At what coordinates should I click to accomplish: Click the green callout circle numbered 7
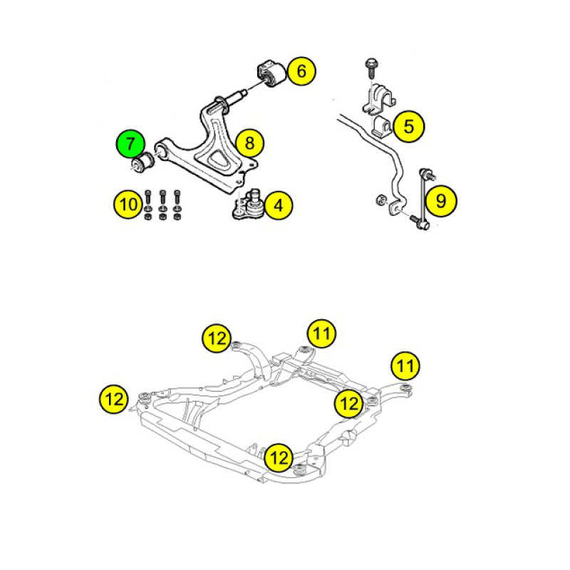click(x=130, y=144)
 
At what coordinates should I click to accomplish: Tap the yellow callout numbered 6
click(x=301, y=71)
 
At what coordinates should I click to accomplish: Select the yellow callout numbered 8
click(x=250, y=143)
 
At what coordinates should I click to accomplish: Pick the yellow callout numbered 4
click(x=279, y=205)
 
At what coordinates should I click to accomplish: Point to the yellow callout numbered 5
click(x=409, y=127)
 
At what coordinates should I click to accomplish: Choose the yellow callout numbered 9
click(x=441, y=201)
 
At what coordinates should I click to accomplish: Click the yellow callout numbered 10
click(x=128, y=204)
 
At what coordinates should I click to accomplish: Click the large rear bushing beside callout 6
click(x=271, y=74)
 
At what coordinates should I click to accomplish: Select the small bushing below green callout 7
click(x=143, y=163)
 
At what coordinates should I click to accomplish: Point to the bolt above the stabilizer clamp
click(x=370, y=68)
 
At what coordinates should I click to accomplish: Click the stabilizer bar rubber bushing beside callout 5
click(x=381, y=127)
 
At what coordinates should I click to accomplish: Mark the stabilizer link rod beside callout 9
click(x=424, y=199)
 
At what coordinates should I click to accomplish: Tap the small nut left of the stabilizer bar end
click(x=380, y=199)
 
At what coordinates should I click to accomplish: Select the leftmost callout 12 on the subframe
click(x=114, y=399)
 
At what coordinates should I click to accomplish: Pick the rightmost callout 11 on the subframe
click(x=405, y=366)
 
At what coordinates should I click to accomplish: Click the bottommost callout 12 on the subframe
click(x=279, y=457)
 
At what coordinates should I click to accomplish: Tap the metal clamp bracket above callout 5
click(x=379, y=98)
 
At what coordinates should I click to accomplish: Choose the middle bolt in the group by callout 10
click(x=162, y=205)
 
